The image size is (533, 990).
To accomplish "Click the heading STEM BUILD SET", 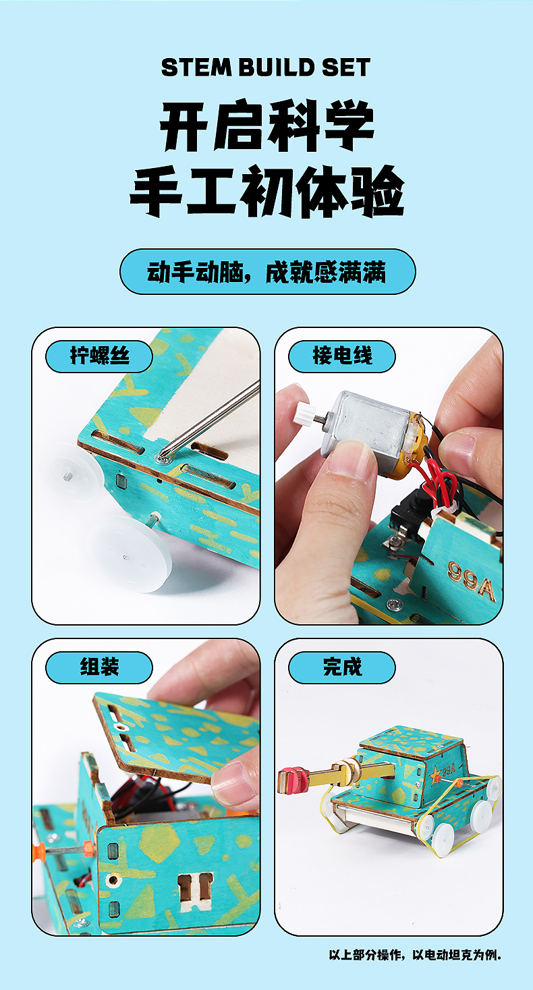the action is [x=266, y=67].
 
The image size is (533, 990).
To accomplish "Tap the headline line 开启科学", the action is [x=267, y=126].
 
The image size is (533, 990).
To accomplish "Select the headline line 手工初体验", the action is [x=267, y=191].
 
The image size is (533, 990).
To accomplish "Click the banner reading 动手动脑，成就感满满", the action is [x=267, y=271].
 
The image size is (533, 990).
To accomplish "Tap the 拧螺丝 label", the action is [x=99, y=356].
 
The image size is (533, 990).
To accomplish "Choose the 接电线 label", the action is [x=341, y=356].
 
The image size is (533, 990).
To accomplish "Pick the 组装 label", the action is [x=99, y=667].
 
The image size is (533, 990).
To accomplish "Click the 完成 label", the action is [x=341, y=667].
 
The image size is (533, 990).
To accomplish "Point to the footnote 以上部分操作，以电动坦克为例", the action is [x=415, y=955].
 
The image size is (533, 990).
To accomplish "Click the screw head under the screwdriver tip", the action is [x=163, y=460].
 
